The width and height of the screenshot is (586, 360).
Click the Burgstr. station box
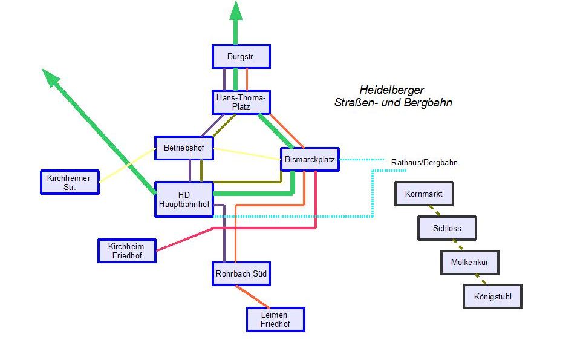tap(241, 56)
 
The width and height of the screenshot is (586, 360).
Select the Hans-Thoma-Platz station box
tap(241, 102)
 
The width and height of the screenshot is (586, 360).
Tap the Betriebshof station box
tap(183, 148)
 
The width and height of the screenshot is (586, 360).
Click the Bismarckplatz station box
tap(310, 159)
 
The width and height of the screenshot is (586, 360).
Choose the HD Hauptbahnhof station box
tap(184, 200)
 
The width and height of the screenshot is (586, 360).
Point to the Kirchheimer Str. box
tap(69, 182)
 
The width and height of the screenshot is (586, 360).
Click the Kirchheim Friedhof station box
tap(126, 250)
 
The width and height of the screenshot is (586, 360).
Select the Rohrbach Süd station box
tap(241, 273)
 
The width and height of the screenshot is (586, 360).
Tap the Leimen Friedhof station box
tap(275, 319)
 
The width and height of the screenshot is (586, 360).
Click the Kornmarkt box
tap(424, 194)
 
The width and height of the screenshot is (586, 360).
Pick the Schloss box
tap(447, 228)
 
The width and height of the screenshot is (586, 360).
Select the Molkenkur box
tap(469, 262)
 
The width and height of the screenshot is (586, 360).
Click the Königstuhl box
tap(493, 296)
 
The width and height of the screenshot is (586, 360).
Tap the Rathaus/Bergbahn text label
tap(424, 162)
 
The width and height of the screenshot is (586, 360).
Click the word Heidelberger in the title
tap(392, 89)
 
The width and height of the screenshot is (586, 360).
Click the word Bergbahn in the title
tap(431, 103)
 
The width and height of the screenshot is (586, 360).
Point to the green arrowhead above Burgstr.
tap(235, 11)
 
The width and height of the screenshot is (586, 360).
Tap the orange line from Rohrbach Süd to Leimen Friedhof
tap(253, 297)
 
